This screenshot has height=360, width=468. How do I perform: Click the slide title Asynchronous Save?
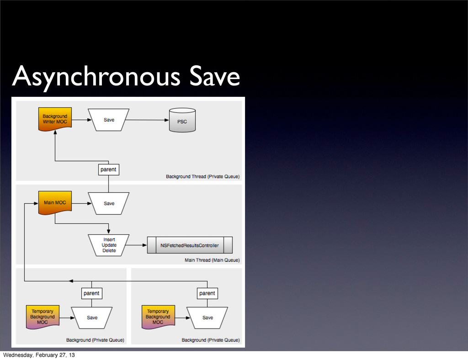tap(126, 76)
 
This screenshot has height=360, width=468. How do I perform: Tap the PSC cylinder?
tap(182, 120)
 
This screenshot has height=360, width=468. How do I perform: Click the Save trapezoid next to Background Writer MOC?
tap(109, 120)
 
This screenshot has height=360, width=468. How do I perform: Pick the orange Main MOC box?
tap(55, 202)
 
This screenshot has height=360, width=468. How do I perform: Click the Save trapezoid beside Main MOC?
tap(109, 203)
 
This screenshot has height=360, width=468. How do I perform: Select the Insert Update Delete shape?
tap(109, 245)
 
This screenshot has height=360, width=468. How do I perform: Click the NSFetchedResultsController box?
tap(190, 245)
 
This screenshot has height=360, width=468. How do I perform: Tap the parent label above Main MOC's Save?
tap(108, 169)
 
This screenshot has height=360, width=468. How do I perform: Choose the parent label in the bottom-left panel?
tap(91, 293)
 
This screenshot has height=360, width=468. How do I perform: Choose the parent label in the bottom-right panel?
tap(207, 293)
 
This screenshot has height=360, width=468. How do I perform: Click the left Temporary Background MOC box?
tap(43, 317)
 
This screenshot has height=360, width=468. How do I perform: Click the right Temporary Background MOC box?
tap(158, 317)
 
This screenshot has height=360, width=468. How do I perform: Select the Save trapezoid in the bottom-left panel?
tap(92, 318)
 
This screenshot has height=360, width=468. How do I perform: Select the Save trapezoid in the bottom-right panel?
tap(207, 318)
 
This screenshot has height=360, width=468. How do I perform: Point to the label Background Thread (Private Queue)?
tap(202, 176)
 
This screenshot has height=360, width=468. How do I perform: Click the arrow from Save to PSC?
tap(146, 120)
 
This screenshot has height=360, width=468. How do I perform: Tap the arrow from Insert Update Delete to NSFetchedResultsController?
tap(137, 245)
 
